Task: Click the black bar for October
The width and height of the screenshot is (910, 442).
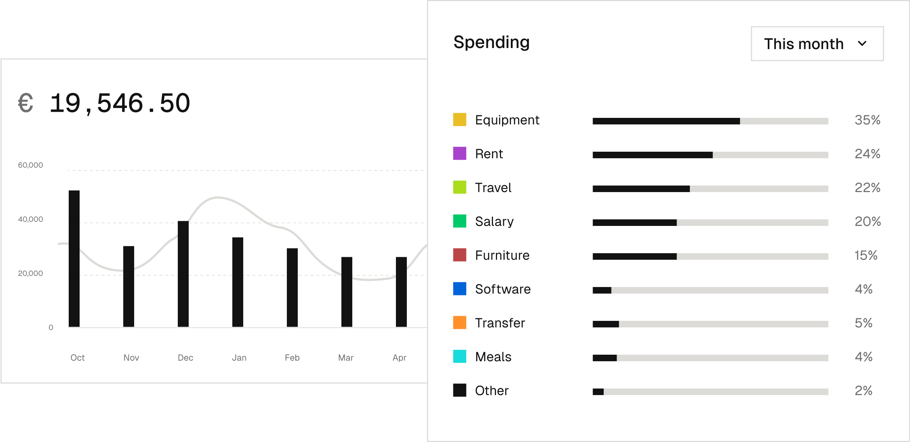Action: (74, 258)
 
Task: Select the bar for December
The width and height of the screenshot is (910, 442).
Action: (183, 274)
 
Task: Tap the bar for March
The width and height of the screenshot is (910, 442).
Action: (347, 292)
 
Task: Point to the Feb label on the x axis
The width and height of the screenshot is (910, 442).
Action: (292, 358)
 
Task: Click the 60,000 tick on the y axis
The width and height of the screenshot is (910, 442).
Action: (31, 165)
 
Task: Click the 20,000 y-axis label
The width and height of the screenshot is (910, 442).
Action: (31, 273)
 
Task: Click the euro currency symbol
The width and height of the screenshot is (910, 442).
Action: (25, 103)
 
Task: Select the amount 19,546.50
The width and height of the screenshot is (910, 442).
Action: (120, 103)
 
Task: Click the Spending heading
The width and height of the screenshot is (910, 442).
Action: (491, 42)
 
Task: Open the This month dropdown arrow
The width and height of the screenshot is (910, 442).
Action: (862, 44)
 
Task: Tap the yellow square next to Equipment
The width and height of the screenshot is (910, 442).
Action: (460, 120)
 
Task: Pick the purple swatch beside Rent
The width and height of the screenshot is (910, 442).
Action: (460, 154)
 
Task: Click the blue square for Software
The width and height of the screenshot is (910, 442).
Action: (460, 289)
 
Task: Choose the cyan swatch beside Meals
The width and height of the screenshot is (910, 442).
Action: (460, 357)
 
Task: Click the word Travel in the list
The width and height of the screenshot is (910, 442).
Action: (493, 188)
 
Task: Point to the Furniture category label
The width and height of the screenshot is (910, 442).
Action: (502, 255)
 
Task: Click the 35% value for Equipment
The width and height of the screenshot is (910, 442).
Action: (867, 120)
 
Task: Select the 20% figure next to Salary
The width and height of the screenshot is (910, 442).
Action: (867, 222)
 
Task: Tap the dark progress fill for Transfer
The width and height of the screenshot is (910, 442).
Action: (606, 324)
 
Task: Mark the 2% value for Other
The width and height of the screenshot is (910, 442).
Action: (863, 391)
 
